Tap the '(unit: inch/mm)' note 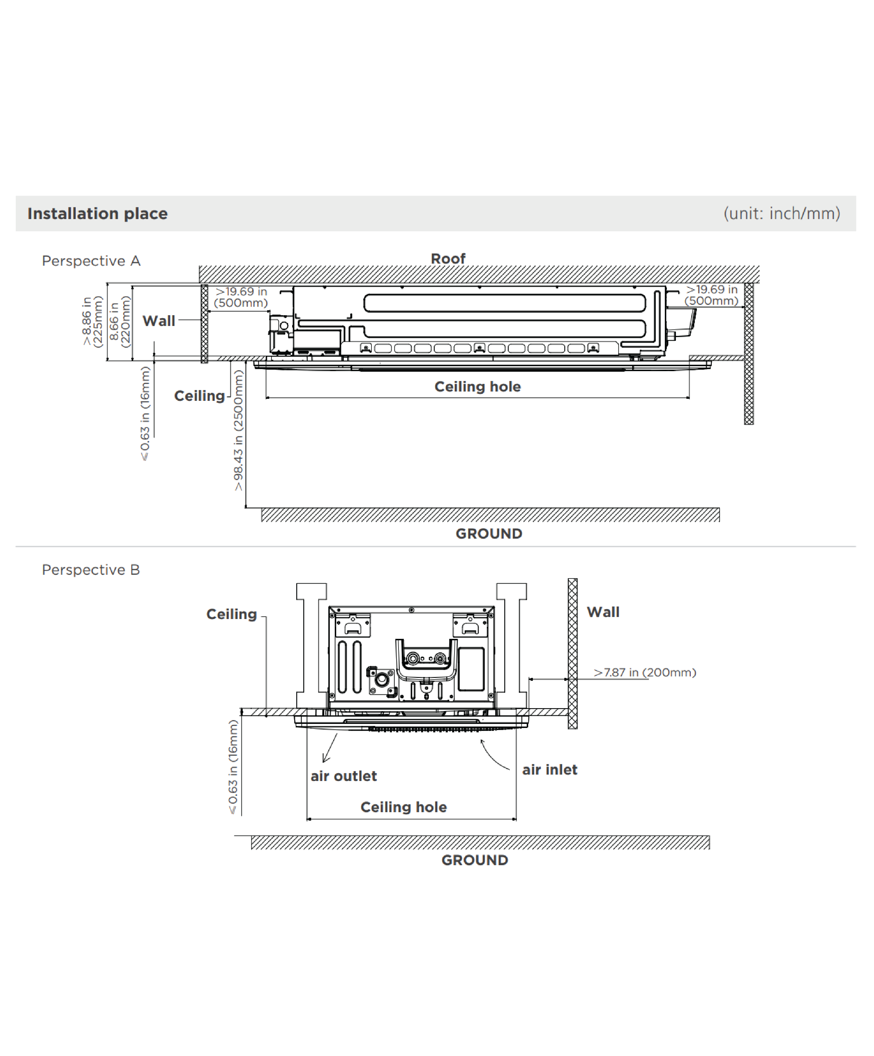781,214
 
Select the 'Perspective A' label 91,261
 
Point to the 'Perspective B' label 91,570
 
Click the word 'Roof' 448,259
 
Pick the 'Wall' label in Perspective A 159,321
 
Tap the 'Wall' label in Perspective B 603,612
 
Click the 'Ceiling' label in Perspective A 199,396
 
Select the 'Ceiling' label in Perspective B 231,614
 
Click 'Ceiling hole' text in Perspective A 477,387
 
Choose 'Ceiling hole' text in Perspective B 403,807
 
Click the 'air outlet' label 343,776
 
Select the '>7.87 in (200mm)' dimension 645,672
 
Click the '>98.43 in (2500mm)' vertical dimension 238,430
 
